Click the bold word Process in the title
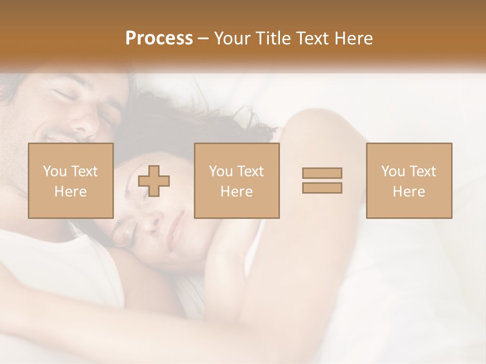(159, 38)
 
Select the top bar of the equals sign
(322, 173)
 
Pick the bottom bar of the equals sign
(322, 188)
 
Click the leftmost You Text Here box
(70, 181)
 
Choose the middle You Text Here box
(236, 181)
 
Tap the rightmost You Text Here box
(409, 181)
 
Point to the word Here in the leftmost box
(70, 192)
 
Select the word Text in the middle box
(251, 171)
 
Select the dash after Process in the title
(203, 39)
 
